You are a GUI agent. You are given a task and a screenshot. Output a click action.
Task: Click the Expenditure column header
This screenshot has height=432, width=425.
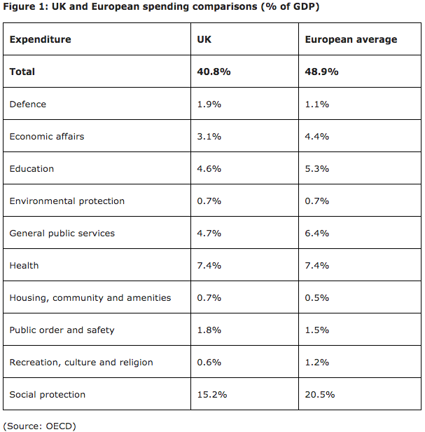(x=40, y=40)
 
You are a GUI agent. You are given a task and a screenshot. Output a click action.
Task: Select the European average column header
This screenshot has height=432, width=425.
(x=351, y=40)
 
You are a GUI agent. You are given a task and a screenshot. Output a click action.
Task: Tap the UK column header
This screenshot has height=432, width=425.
(x=204, y=39)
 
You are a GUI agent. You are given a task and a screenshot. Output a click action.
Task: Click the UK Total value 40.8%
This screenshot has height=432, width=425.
(x=214, y=72)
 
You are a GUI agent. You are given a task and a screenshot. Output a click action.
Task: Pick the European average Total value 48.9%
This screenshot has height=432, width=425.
(x=321, y=72)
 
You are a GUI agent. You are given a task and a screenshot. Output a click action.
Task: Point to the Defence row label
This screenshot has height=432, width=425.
(x=28, y=104)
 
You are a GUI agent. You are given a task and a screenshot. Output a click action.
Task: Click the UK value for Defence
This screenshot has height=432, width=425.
(x=209, y=104)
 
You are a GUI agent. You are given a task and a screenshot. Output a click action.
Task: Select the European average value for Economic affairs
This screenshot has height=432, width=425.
(x=317, y=136)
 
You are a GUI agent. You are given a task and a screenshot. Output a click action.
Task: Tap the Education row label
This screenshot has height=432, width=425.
(x=32, y=168)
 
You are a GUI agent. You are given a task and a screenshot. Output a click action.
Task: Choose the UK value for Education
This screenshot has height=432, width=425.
(x=209, y=168)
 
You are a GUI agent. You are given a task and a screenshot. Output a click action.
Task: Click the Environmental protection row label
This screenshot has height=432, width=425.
(x=67, y=201)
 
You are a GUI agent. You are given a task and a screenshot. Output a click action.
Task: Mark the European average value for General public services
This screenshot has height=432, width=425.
(x=317, y=234)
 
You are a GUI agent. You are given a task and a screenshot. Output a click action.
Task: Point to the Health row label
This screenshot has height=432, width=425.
(x=25, y=266)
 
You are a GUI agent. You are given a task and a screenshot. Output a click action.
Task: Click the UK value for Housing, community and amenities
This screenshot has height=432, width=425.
(x=209, y=298)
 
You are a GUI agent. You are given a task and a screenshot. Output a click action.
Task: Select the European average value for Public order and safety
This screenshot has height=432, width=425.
(x=317, y=330)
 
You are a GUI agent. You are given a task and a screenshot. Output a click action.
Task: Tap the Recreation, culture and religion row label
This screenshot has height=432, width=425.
(x=81, y=363)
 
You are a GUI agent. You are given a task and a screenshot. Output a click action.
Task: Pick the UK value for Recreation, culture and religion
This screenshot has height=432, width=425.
(x=209, y=363)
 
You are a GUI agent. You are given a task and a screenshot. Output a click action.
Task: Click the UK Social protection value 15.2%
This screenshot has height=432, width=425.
(x=212, y=395)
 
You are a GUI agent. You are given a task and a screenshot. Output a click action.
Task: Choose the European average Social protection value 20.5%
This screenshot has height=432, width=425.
(x=320, y=395)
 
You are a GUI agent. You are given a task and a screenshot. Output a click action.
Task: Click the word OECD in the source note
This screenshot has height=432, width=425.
(x=59, y=426)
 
